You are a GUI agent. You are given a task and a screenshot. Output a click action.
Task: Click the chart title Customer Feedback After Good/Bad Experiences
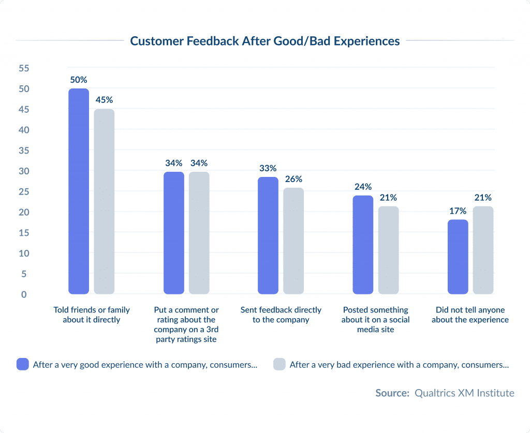tap(264, 41)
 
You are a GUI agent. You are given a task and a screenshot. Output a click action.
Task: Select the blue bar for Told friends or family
tap(79, 191)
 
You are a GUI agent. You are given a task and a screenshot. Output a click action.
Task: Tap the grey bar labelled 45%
tap(104, 202)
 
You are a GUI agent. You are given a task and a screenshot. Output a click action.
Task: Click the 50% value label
tap(79, 80)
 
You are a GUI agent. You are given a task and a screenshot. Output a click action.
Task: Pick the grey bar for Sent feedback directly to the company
tap(293, 241)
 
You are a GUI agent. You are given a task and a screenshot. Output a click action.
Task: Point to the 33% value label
tap(268, 168)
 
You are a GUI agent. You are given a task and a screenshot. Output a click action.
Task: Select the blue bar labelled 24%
tap(363, 245)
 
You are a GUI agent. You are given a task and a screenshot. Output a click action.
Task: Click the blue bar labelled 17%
tap(458, 257)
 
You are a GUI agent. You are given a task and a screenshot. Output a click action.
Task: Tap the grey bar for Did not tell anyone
tap(483, 250)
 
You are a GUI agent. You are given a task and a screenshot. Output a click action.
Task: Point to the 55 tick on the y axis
tap(23, 68)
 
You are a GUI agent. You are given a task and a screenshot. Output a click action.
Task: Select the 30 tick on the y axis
tap(23, 171)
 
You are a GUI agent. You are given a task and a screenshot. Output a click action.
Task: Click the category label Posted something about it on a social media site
tap(375, 320)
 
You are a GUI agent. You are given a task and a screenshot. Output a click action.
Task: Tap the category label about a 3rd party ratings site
tap(186, 324)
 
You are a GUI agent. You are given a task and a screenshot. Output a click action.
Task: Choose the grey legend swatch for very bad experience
tap(279, 364)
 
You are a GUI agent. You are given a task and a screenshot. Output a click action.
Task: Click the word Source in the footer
tap(392, 393)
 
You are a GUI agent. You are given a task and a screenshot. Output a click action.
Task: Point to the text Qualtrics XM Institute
tap(464, 393)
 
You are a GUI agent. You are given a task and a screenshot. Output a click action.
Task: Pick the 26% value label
tap(293, 179)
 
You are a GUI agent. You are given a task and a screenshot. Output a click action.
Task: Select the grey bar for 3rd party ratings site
tap(199, 233)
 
